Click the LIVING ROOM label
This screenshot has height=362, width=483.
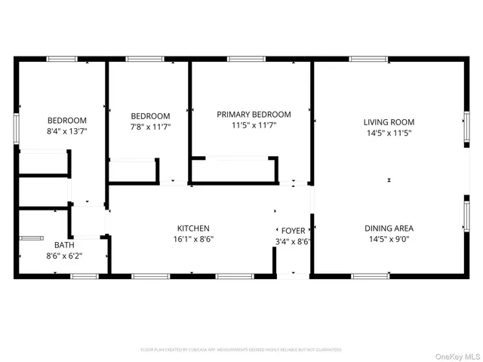pyautogui.click(x=389, y=121)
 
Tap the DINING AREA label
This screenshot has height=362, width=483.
pyautogui.click(x=389, y=228)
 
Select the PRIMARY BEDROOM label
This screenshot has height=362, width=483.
pyautogui.click(x=254, y=115)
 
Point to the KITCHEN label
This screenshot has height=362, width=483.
pyautogui.click(x=193, y=228)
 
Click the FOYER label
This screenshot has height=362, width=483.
pyautogui.click(x=294, y=230)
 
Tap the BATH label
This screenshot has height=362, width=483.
pyautogui.click(x=64, y=244)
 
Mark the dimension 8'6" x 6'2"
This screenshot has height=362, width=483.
pyautogui.click(x=64, y=256)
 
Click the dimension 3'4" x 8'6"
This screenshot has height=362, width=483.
pyautogui.click(x=294, y=241)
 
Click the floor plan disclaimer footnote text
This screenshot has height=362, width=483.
pyautogui.click(x=241, y=350)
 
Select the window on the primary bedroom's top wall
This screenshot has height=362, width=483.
pyautogui.click(x=241, y=59)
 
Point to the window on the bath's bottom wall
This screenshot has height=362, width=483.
pyautogui.click(x=85, y=276)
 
